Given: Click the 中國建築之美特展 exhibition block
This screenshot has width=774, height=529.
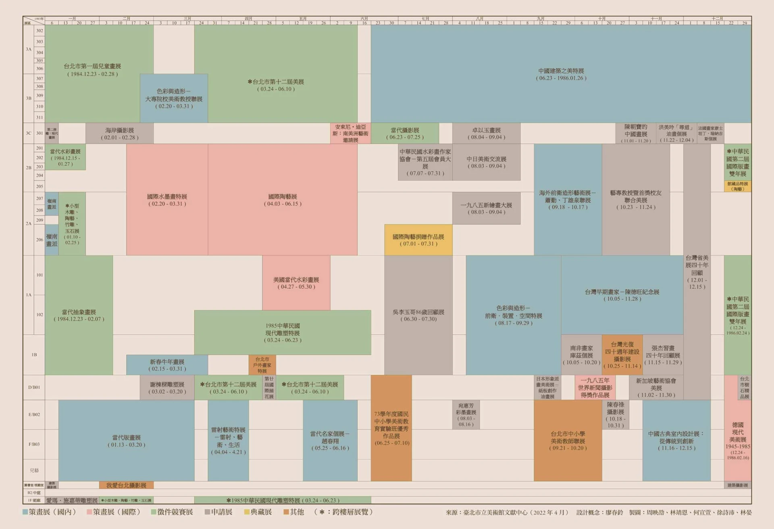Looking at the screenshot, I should click(561, 74).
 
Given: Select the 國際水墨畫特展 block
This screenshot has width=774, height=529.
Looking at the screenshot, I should click(167, 200).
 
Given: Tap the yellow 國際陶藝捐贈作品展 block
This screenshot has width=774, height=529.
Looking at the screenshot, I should click(418, 240).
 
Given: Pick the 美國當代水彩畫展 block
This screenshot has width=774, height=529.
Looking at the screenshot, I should click(296, 283).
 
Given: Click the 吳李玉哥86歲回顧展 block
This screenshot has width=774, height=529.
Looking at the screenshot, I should click(418, 315).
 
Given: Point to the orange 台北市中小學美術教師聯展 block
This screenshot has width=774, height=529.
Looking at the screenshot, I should click(568, 440).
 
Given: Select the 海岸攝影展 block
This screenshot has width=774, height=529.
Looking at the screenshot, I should click(119, 133).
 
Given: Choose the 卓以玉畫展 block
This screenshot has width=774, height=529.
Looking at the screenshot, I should click(486, 133).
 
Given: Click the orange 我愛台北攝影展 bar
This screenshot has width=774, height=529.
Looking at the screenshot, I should click(126, 485).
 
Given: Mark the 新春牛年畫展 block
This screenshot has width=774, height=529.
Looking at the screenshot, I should click(167, 365).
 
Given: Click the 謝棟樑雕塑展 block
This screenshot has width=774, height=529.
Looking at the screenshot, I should click(167, 387).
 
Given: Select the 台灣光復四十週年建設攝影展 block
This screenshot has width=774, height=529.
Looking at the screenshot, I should click(622, 355).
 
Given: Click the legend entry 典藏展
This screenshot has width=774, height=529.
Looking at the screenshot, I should click(258, 512).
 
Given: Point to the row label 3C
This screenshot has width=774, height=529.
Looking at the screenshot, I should click(28, 133).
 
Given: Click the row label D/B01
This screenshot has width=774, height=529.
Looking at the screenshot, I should click(34, 387).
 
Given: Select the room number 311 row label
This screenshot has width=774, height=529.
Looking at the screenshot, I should click(40, 117).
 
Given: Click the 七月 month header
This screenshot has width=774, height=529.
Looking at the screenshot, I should click(425, 19).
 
